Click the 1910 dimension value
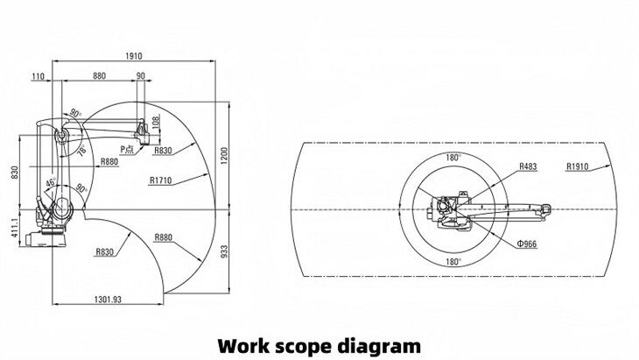[132, 55]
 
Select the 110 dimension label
[38, 77]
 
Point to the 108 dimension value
[157, 123]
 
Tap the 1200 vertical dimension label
[223, 156]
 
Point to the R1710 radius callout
[160, 181]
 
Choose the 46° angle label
[50, 182]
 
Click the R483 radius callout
[528, 165]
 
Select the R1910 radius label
[577, 165]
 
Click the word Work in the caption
[244, 344]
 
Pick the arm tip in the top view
[545, 208]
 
